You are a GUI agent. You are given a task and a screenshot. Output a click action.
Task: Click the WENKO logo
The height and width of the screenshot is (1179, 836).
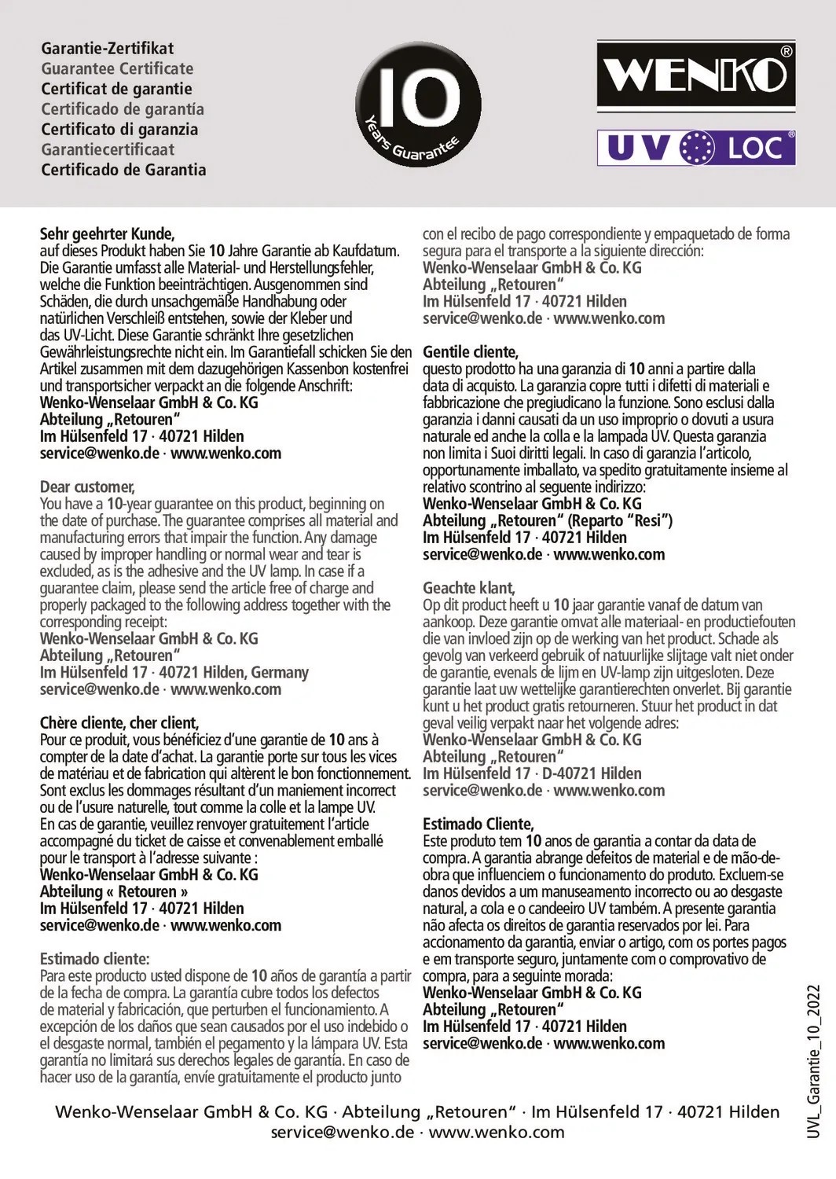point(696,77)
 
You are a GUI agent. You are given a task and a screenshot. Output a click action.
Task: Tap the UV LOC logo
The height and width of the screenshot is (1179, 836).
point(696,148)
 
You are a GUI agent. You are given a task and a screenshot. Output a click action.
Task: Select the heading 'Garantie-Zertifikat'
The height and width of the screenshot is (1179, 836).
point(108,48)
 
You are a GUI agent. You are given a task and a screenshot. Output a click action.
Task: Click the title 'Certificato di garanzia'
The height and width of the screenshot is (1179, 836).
point(119,130)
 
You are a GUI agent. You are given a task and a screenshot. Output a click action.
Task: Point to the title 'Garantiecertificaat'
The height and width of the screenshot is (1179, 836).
point(108,149)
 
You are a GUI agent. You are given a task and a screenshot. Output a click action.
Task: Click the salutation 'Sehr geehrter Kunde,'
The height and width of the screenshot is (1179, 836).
point(107,233)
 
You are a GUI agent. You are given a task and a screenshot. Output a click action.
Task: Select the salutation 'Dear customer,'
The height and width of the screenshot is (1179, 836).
point(87,487)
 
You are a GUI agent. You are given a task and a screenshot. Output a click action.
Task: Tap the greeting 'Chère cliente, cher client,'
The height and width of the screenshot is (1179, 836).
point(119,723)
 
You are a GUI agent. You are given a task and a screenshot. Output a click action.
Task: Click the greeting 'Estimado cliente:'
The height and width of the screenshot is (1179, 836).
point(94,959)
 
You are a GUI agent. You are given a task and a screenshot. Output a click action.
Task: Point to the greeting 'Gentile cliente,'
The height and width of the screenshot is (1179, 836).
point(471,351)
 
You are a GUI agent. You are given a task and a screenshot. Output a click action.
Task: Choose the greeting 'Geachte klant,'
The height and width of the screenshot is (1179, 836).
point(469,588)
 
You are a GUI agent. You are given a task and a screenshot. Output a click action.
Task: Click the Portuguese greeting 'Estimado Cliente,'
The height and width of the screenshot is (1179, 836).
point(478,824)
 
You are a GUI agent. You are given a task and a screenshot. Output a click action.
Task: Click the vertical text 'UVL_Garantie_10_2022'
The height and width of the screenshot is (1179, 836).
point(814,1060)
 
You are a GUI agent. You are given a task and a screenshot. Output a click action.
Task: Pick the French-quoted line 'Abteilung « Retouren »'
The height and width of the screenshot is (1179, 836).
point(114,891)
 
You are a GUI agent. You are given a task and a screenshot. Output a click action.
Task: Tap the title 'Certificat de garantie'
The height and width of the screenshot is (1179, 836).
point(116,89)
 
